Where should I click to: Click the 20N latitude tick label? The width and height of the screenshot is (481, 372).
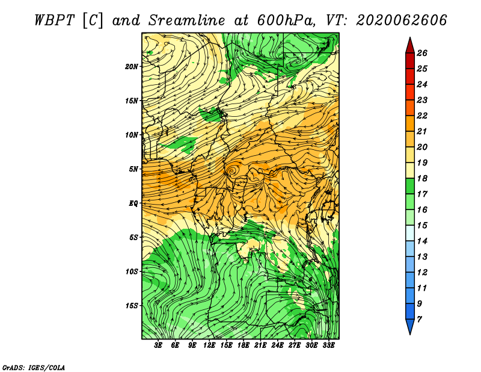point(132,67)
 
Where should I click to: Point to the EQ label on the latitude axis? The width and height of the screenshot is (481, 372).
point(133,203)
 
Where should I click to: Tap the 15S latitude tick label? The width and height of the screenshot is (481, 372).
point(132,306)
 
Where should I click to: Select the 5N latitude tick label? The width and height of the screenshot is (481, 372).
point(133,169)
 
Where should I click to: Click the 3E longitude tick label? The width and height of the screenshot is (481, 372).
point(158,346)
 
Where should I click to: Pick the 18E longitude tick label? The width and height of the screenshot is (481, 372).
point(243,346)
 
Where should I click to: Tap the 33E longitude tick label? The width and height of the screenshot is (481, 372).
point(328,346)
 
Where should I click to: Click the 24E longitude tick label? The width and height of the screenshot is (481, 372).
point(277,346)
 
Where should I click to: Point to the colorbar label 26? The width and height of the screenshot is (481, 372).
point(422,53)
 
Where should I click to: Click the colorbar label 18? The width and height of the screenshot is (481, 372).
point(422,178)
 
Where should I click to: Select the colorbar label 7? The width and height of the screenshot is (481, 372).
point(419,320)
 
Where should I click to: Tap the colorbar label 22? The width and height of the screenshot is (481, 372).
point(422,116)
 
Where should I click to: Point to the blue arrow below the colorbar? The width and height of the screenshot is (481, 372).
point(410,326)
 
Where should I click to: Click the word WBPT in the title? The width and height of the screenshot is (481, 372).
point(54,20)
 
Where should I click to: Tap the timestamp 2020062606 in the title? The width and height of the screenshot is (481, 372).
point(401,20)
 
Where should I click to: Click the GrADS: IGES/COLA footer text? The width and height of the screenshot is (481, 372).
point(34,367)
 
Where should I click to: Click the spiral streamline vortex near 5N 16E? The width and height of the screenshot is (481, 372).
point(231,170)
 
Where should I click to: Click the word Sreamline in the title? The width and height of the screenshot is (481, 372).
point(186,20)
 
